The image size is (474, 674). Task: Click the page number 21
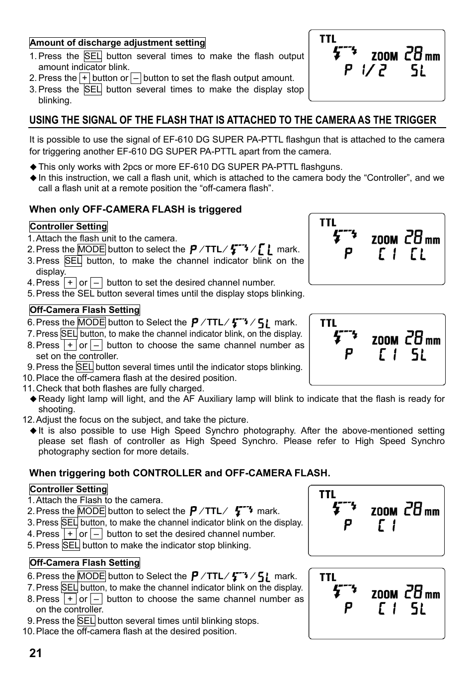click(36, 653)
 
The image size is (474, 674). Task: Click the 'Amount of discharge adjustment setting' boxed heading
click(117, 43)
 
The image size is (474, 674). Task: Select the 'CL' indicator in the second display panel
click(418, 255)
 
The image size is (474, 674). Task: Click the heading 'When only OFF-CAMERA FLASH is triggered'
click(135, 209)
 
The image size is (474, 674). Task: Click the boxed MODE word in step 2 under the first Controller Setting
click(91, 249)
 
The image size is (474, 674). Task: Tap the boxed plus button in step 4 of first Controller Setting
click(71, 283)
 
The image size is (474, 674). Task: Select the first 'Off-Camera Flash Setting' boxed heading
click(84, 310)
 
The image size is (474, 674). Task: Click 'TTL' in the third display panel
click(328, 323)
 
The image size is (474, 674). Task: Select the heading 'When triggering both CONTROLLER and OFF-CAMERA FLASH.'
click(179, 473)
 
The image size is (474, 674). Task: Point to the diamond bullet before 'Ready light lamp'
click(33, 399)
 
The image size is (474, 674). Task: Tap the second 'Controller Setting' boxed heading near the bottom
click(68, 489)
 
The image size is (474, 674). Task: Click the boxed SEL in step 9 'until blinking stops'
click(86, 621)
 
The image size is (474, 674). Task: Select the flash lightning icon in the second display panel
click(345, 235)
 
